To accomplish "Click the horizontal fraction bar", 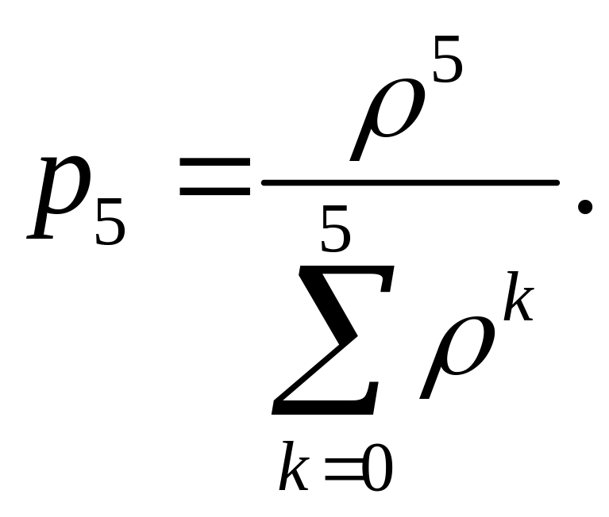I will tap(410, 182).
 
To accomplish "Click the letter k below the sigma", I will tap(294, 469).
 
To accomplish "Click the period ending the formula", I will tap(586, 208).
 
